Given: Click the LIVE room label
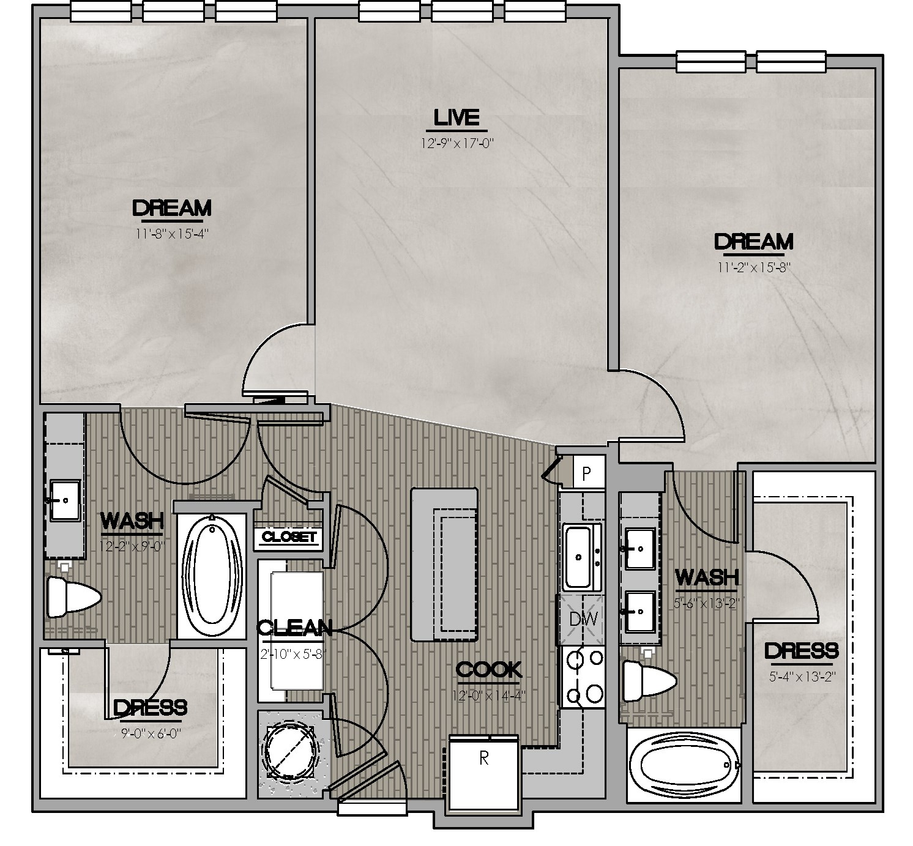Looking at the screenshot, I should coord(456,117).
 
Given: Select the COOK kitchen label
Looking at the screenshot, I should coord(489,670).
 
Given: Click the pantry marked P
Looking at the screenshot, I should coord(586,473).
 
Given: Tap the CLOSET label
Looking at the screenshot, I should coord(288,537).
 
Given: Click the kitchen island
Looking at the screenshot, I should coord(444,563).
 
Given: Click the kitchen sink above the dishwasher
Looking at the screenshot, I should coord(582,557).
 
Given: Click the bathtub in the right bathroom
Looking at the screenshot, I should coord(684,764).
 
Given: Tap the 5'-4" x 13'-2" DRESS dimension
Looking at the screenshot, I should coord(801,677).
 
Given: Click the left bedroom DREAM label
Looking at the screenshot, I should coord(172,208).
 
